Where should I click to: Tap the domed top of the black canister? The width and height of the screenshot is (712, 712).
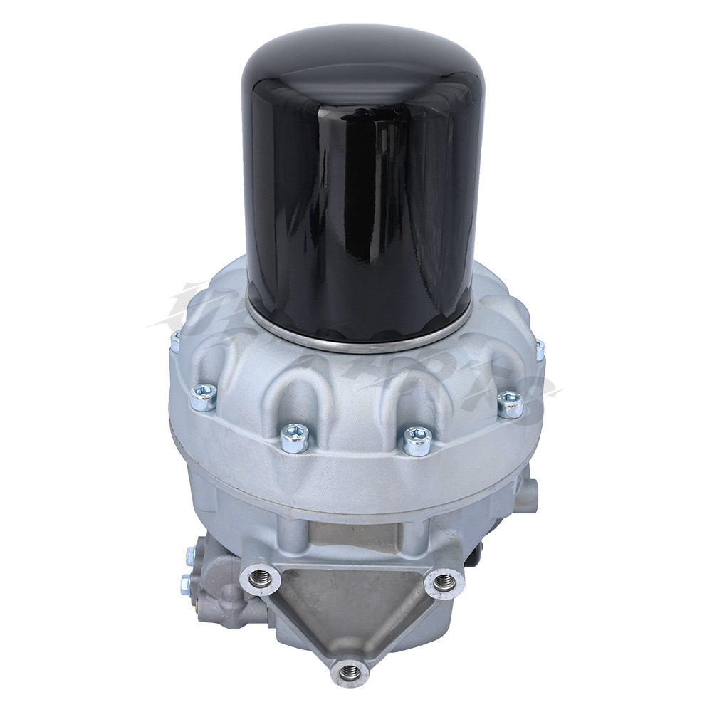pos(356,64)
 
